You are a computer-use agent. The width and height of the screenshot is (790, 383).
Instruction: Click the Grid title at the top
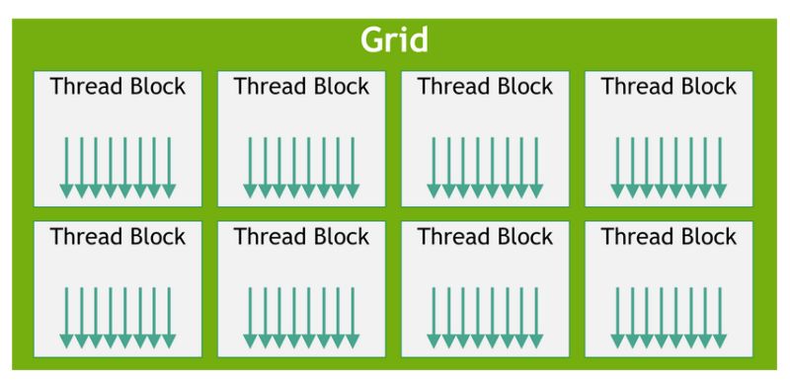click(394, 39)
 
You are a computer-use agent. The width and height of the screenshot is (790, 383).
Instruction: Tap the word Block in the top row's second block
click(339, 87)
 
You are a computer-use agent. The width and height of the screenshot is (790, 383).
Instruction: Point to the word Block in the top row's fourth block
click(706, 87)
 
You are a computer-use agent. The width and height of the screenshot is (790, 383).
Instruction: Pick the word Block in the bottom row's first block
click(155, 237)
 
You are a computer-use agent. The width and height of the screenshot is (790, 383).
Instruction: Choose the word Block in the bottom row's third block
click(522, 237)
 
